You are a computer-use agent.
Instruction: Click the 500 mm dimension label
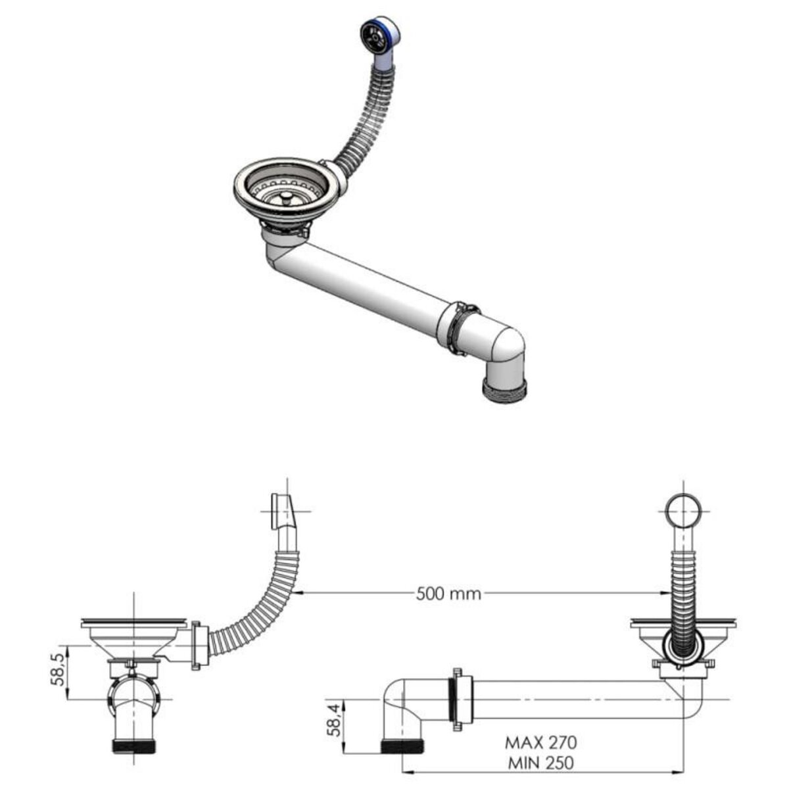[x=448, y=594]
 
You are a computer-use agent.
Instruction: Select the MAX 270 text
[x=540, y=742]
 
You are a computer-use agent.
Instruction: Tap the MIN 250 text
[x=540, y=763]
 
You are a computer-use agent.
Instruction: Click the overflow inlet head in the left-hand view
[x=283, y=509]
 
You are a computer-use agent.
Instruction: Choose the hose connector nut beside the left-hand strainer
[x=197, y=648]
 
